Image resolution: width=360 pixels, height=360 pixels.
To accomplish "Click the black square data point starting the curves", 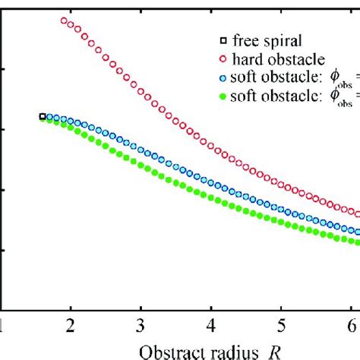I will pyautogui.click(x=43, y=116).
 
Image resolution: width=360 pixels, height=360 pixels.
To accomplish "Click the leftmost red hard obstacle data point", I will pyautogui.click(x=64, y=21).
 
